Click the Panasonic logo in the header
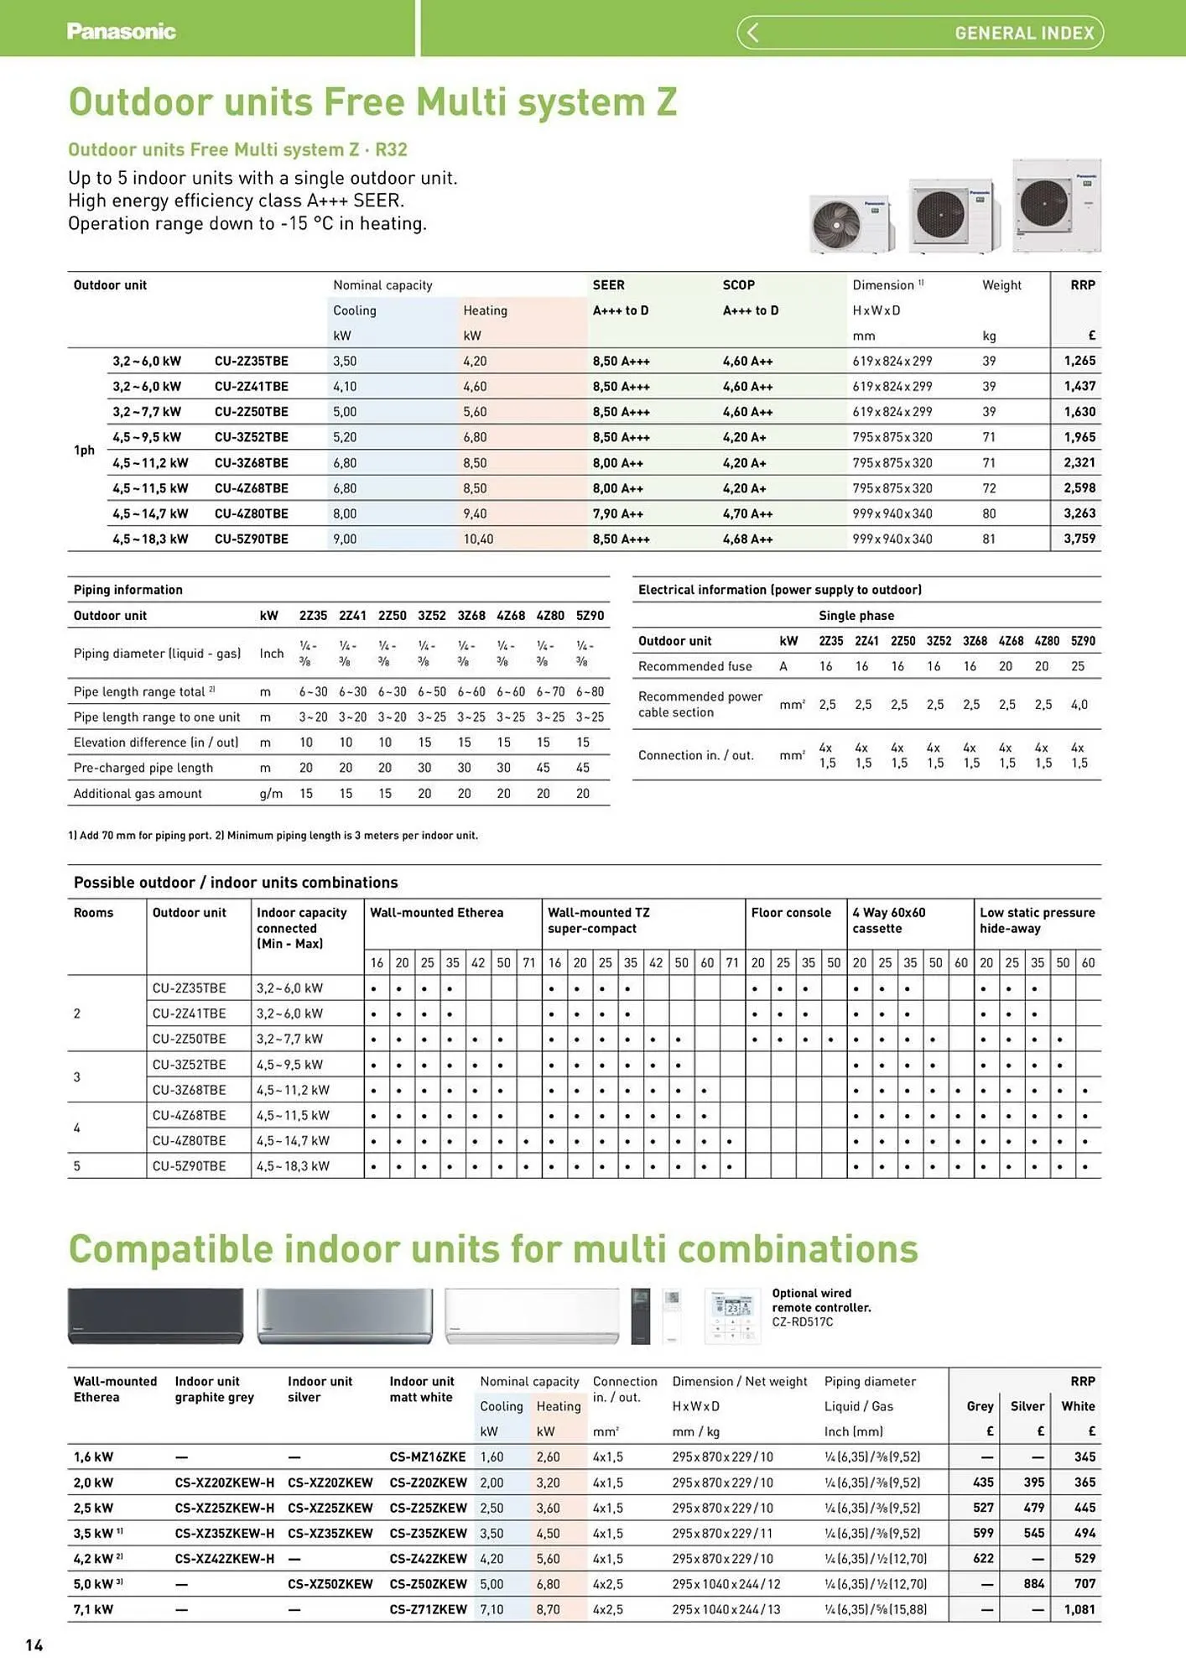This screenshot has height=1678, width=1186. tap(121, 32)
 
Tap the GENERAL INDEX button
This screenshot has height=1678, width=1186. tap(1023, 34)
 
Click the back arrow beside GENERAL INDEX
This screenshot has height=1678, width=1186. tap(752, 33)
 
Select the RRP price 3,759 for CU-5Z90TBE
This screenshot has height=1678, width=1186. tap(1079, 539)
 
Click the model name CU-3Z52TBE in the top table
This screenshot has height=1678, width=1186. tap(251, 437)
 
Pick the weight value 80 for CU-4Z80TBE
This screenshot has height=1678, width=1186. tap(989, 513)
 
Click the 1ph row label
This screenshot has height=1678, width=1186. tap(84, 451)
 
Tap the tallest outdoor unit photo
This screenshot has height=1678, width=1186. tap(1056, 206)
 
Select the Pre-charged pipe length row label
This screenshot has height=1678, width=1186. tap(143, 768)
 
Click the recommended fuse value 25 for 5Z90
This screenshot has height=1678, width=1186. tap(1077, 666)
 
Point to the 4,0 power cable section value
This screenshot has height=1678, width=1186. tap(1079, 705)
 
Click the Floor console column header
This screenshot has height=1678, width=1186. tap(790, 913)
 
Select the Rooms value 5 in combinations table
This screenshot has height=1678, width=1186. tap(77, 1166)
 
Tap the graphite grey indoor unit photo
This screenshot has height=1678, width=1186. tap(155, 1316)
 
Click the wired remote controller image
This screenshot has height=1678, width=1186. tap(732, 1316)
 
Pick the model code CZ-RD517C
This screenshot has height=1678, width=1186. tap(802, 1322)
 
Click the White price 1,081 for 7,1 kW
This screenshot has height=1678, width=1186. tap(1079, 1609)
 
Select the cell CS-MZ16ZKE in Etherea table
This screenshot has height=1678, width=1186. tap(427, 1457)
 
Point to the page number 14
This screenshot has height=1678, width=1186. tap(34, 1645)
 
